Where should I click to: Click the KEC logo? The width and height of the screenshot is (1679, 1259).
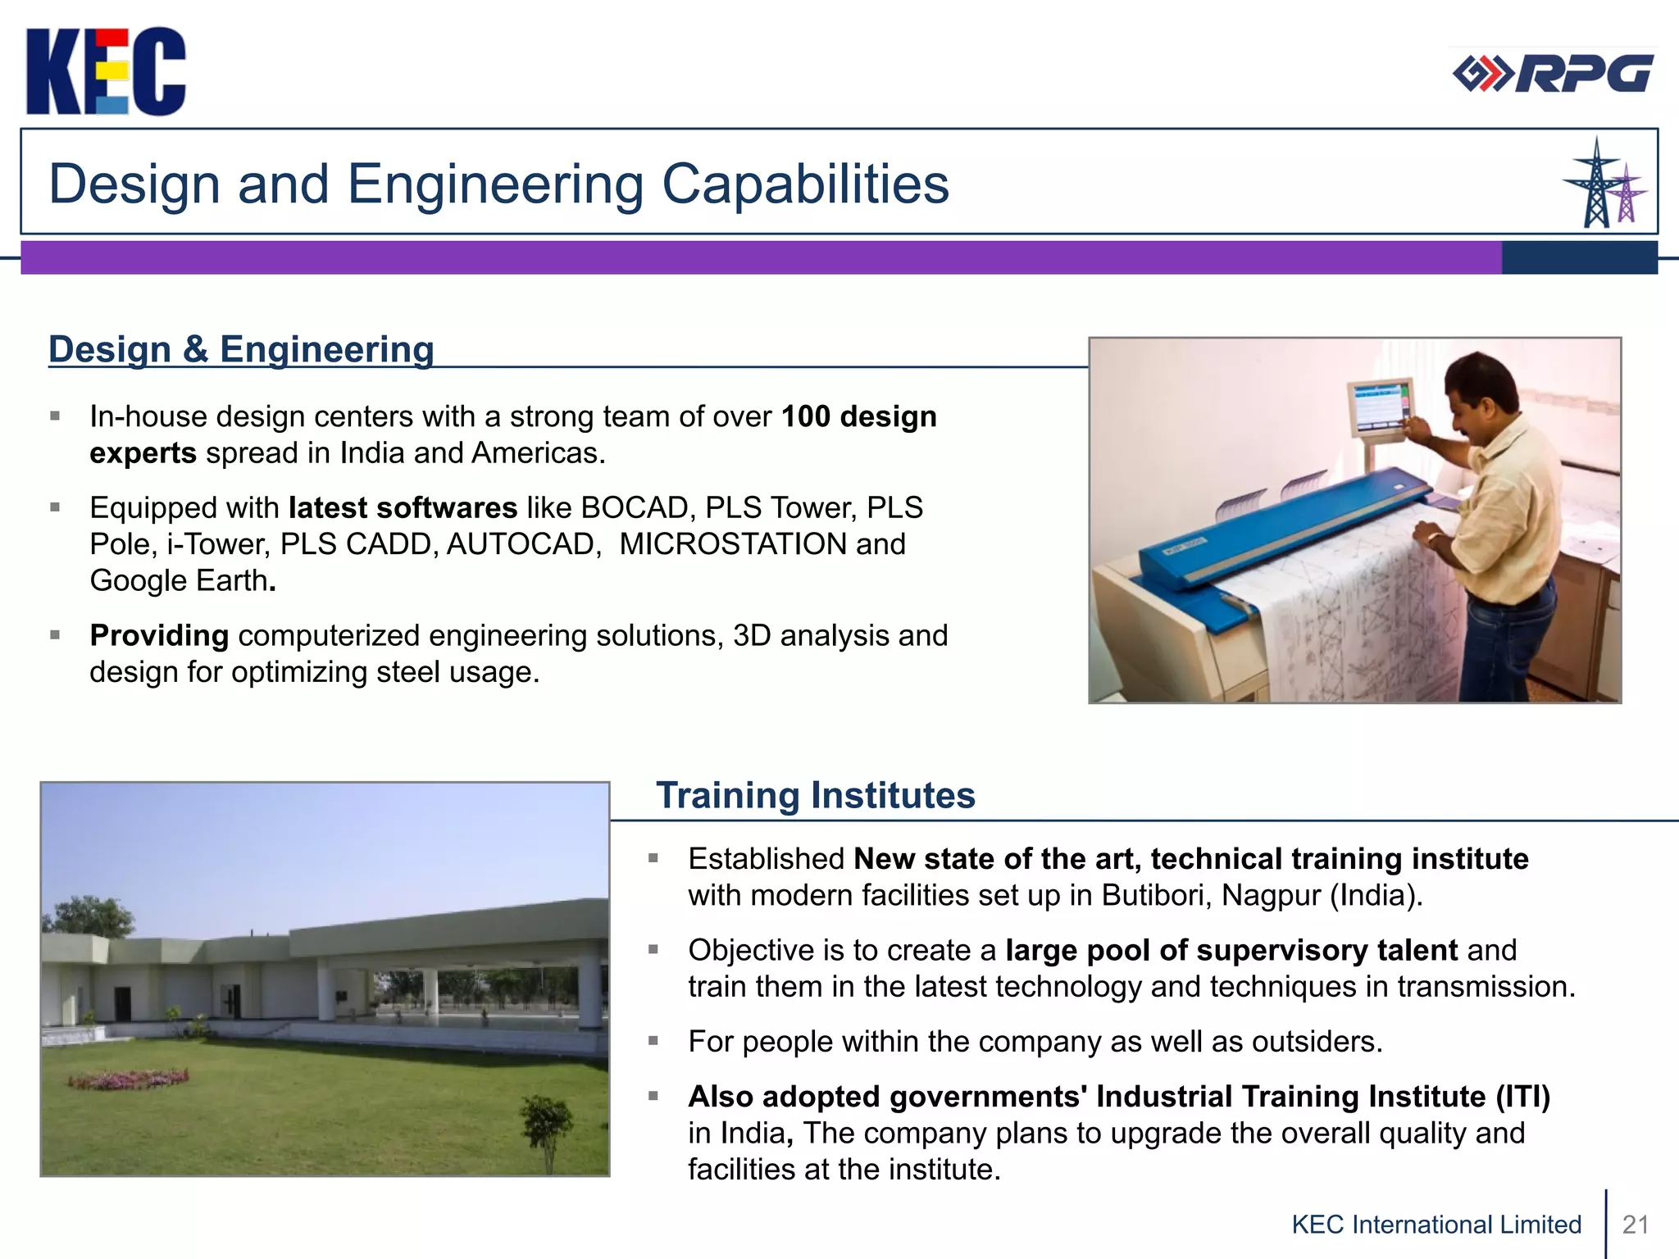pos(106,71)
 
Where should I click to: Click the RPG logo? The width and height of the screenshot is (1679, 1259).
pos(1553,74)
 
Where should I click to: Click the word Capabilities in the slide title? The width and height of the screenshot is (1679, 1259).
pos(805,184)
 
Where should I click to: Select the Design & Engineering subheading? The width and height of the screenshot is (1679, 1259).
pos(241,349)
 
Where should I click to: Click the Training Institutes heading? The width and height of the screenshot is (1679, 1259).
pos(815,795)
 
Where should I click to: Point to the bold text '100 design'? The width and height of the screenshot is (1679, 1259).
pos(858,416)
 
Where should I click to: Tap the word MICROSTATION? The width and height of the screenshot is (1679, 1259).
pos(733,544)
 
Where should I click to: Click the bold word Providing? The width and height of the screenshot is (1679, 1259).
pos(159,635)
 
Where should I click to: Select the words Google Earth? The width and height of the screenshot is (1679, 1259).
pos(179,581)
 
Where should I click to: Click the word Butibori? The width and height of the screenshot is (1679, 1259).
pos(1155,895)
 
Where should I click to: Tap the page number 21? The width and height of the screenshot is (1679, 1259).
pos(1636,1225)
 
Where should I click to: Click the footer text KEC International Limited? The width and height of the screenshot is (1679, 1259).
pos(1436,1225)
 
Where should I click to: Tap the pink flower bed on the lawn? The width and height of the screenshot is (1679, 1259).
pos(129,1079)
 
